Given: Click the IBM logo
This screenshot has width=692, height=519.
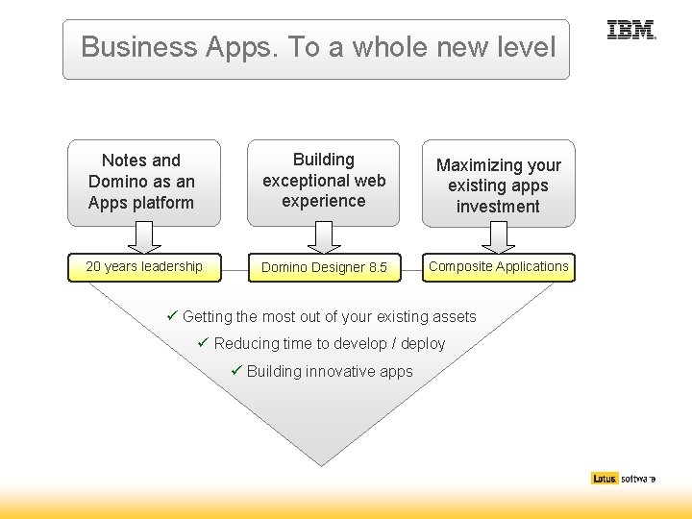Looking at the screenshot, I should point(630,31).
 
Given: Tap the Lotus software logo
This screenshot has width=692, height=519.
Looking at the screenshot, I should point(623,478).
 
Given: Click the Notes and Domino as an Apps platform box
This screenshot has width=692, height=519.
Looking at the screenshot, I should point(144,182).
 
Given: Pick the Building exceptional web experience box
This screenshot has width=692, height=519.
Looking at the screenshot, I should point(324,181).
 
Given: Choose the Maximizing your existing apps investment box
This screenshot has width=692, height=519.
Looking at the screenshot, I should point(498,185).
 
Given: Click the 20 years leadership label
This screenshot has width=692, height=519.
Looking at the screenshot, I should point(144,267).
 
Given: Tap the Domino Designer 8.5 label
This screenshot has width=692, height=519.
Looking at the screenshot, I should point(324,267).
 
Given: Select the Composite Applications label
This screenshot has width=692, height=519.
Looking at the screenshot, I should point(498,267).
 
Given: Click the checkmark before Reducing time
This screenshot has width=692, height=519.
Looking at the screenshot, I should point(203,343).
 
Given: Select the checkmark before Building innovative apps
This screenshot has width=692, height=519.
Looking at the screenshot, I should point(235,371).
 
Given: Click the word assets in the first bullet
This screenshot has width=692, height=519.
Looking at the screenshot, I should point(454,317).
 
